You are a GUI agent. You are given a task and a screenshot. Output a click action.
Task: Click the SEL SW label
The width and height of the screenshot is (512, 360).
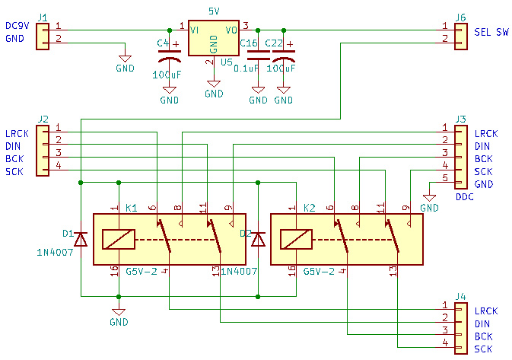click(x=491, y=33)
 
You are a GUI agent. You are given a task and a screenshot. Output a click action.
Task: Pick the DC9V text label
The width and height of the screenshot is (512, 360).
click(x=17, y=26)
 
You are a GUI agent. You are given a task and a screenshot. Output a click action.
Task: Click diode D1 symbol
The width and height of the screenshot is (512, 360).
click(x=80, y=239)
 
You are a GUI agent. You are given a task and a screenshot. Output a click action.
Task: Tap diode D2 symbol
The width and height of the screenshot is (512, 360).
click(x=259, y=239)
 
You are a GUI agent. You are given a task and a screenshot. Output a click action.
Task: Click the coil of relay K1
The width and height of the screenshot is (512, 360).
click(x=118, y=239)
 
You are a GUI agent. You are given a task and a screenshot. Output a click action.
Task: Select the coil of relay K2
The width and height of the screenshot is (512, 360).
click(x=295, y=239)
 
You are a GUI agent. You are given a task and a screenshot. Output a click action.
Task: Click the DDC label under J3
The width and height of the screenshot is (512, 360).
click(x=465, y=197)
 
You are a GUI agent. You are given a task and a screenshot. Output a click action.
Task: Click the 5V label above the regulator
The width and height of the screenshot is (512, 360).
click(x=215, y=11)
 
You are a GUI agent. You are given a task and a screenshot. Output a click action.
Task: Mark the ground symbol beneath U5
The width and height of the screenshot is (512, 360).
click(x=215, y=85)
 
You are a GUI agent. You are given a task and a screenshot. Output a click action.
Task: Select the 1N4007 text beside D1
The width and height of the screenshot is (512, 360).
click(x=55, y=251)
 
